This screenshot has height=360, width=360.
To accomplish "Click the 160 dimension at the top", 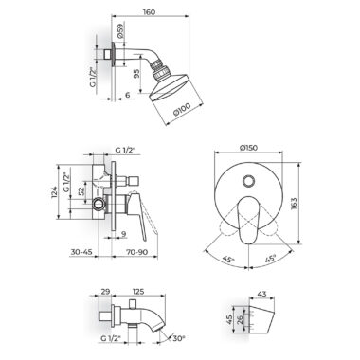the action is (x=149, y=12).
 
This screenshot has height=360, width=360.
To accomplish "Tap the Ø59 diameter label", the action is (x=120, y=31).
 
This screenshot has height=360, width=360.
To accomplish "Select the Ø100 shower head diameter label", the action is (x=182, y=111).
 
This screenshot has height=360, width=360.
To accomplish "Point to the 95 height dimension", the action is (x=136, y=74).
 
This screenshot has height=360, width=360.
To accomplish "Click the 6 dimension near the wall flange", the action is (x=127, y=95).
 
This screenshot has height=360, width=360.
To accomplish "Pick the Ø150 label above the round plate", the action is (x=248, y=147).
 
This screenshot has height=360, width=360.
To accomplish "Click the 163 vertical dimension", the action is (x=294, y=205).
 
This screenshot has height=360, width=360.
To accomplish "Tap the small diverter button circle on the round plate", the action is (x=248, y=181).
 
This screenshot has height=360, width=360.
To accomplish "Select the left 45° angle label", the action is (x=228, y=260).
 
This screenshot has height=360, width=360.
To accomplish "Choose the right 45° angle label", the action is (x=270, y=259).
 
